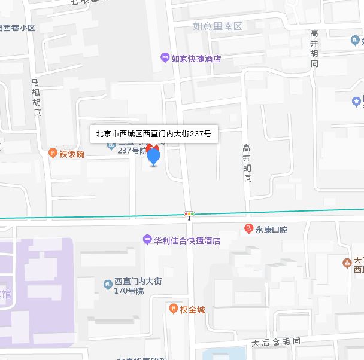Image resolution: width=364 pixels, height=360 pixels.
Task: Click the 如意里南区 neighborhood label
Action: click(217, 26)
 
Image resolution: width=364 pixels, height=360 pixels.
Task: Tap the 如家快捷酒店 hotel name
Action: click(196, 59)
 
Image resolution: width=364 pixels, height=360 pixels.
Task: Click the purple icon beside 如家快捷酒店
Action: click(165, 58)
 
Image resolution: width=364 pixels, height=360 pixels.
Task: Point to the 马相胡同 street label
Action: click(37, 96)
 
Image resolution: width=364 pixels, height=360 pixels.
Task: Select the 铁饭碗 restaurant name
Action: click(72, 154)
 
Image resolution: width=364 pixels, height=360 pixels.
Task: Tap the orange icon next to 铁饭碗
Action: click(53, 153)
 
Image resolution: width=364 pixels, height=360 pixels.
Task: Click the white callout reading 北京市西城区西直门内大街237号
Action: click(154, 134)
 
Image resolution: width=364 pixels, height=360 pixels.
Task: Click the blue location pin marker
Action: click(154, 157)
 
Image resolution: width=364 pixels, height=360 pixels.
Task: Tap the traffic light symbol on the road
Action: click(189, 213)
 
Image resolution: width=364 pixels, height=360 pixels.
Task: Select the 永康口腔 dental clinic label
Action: click(272, 229)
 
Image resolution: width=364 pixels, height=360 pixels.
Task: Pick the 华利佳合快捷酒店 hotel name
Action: click(187, 241)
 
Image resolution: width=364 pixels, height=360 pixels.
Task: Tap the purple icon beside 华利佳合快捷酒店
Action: click(147, 240)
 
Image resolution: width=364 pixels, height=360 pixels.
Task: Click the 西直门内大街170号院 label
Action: click(138, 286)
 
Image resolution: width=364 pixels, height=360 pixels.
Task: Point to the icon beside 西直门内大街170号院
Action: click(108, 284)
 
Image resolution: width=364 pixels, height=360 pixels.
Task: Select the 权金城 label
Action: click(193, 310)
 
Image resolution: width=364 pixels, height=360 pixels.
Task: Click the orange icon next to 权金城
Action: click(174, 309)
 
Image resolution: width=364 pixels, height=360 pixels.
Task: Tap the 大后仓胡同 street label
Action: click(275, 343)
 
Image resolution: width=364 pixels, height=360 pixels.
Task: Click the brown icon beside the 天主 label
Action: click(347, 263)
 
